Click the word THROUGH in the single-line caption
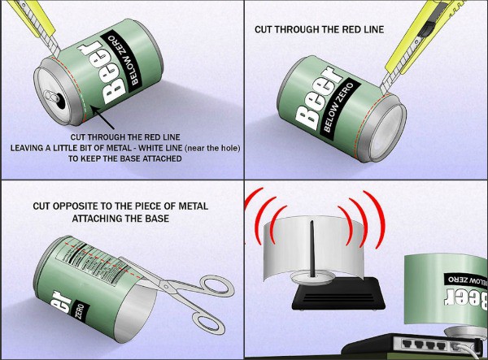coord(309,30)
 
